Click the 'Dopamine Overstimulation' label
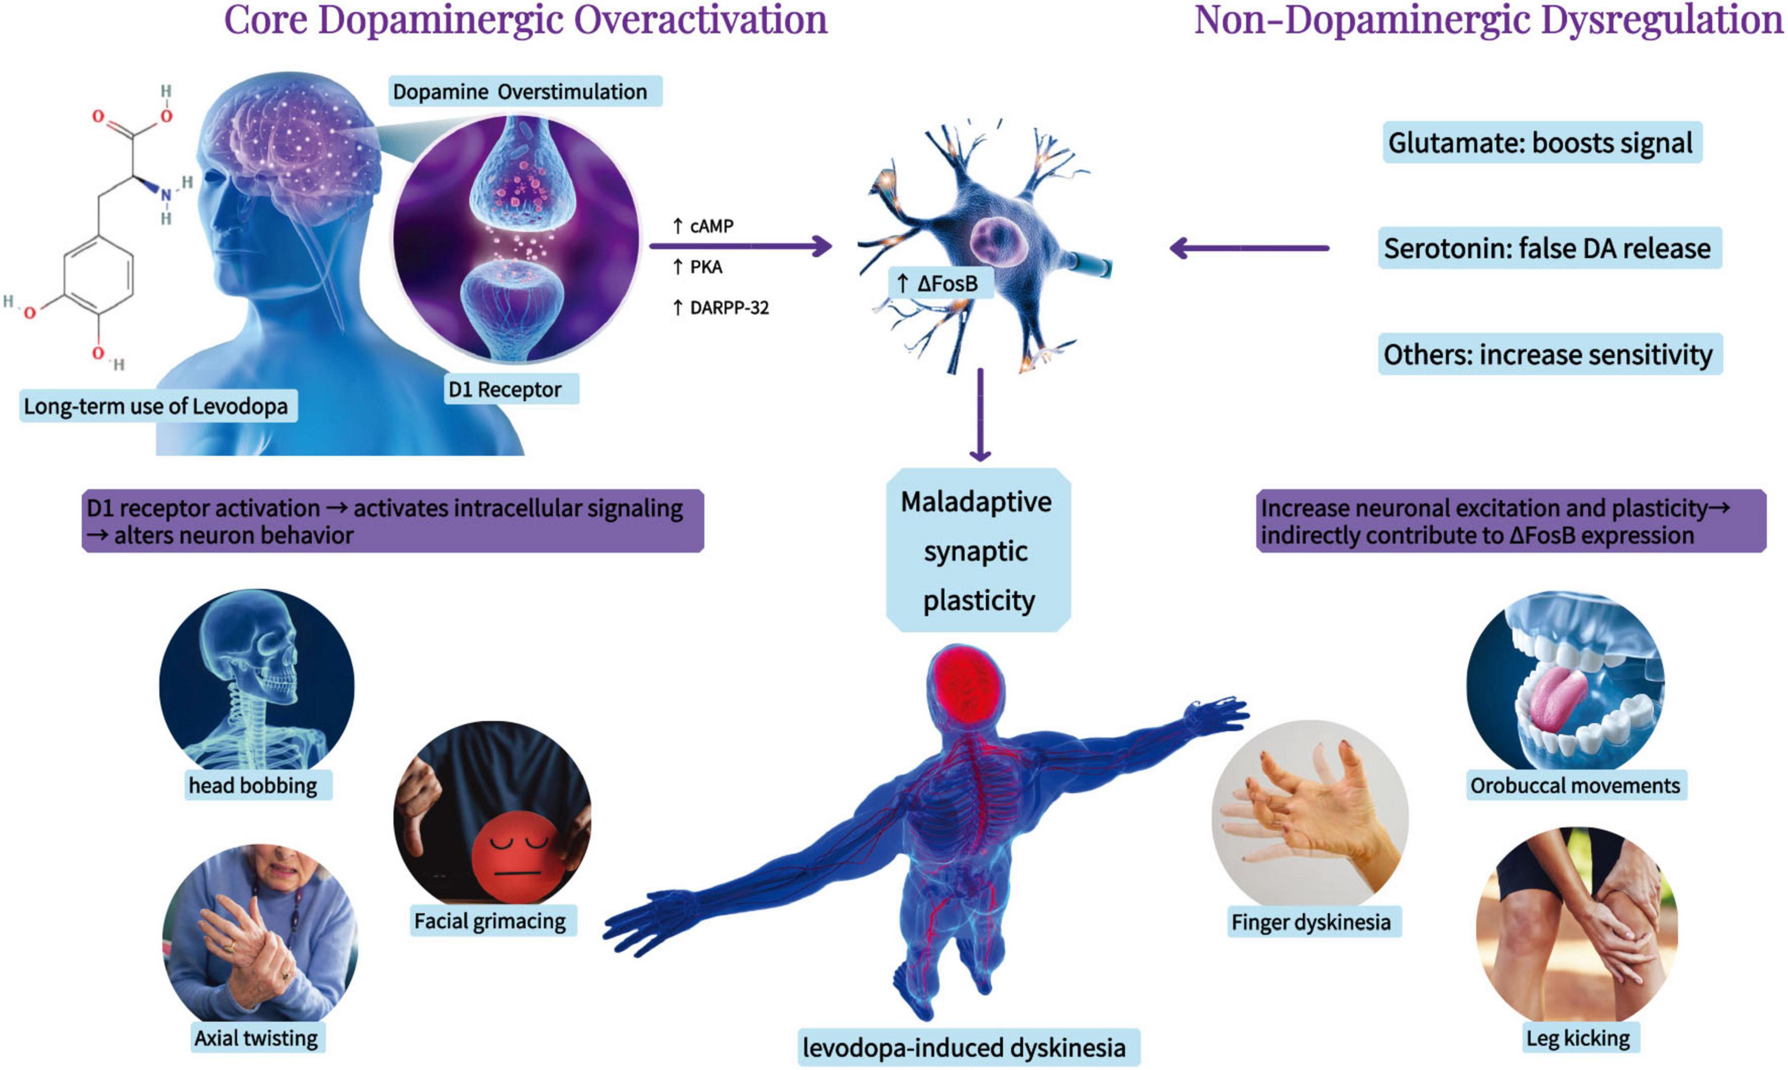coord(520,92)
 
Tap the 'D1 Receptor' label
coord(505,389)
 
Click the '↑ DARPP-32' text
coord(720,308)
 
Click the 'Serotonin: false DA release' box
coord(1547,248)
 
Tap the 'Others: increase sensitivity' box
coord(1548,354)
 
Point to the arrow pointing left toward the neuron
coord(1248,248)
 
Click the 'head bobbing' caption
coord(253,785)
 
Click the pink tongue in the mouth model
coord(1552,696)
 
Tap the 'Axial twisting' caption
coord(256,1038)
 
